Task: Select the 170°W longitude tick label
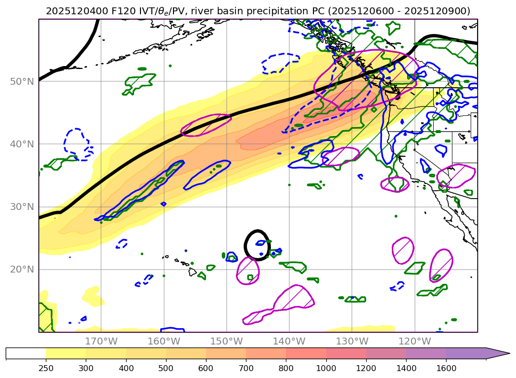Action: tap(101, 341)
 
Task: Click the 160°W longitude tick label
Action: tap(164, 341)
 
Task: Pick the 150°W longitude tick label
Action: tap(226, 341)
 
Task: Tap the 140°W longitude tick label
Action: tap(289, 341)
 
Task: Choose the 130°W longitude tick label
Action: tap(352, 341)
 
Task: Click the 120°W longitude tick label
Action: tap(414, 341)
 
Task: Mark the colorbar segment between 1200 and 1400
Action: tap(386, 353)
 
